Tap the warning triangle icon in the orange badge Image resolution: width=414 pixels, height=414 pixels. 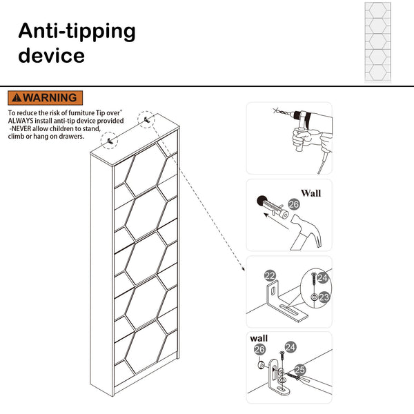click(x=17, y=98)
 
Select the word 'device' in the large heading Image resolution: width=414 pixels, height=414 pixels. click(x=51, y=56)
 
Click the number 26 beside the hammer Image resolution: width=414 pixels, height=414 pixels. click(x=294, y=204)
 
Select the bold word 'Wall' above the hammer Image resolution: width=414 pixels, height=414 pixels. click(x=310, y=194)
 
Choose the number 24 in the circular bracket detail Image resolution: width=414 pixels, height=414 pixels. click(x=323, y=278)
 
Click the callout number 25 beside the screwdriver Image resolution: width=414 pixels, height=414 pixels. click(x=300, y=370)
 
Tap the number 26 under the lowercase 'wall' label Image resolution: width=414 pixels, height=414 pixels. click(x=259, y=349)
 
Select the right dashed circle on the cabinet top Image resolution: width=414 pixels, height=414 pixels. click(x=145, y=119)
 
